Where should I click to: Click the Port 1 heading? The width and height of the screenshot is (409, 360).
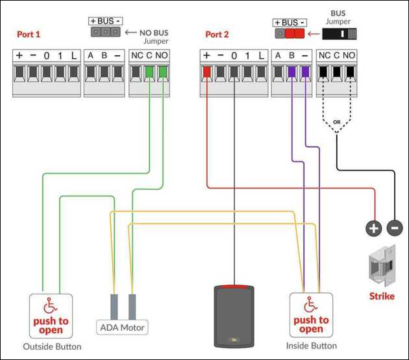(x=29, y=34)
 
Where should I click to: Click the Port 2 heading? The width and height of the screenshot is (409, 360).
(x=217, y=34)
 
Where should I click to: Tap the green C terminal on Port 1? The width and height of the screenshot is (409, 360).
(x=149, y=71)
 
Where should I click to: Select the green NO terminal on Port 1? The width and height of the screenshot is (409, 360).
(x=163, y=71)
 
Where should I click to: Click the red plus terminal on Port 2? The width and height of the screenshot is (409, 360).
(x=207, y=71)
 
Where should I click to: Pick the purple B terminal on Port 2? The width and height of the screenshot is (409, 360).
(x=292, y=71)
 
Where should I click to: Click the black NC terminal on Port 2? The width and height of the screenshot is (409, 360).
(x=323, y=71)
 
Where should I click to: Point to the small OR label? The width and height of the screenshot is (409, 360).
(x=337, y=122)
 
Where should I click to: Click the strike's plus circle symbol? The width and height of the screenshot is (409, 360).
(x=374, y=228)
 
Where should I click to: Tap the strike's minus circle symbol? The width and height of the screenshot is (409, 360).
(x=395, y=228)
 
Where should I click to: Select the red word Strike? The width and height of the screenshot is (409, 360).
(x=382, y=296)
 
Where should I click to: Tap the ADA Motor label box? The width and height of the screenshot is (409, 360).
(x=122, y=328)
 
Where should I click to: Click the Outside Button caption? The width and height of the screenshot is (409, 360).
(x=52, y=347)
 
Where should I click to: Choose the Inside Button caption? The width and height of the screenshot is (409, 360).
(x=311, y=346)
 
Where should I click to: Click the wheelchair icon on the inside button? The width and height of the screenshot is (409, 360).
(x=311, y=304)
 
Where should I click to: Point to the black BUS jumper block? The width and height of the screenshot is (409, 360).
(x=339, y=34)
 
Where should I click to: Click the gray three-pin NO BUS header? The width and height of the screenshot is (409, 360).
(x=105, y=32)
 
